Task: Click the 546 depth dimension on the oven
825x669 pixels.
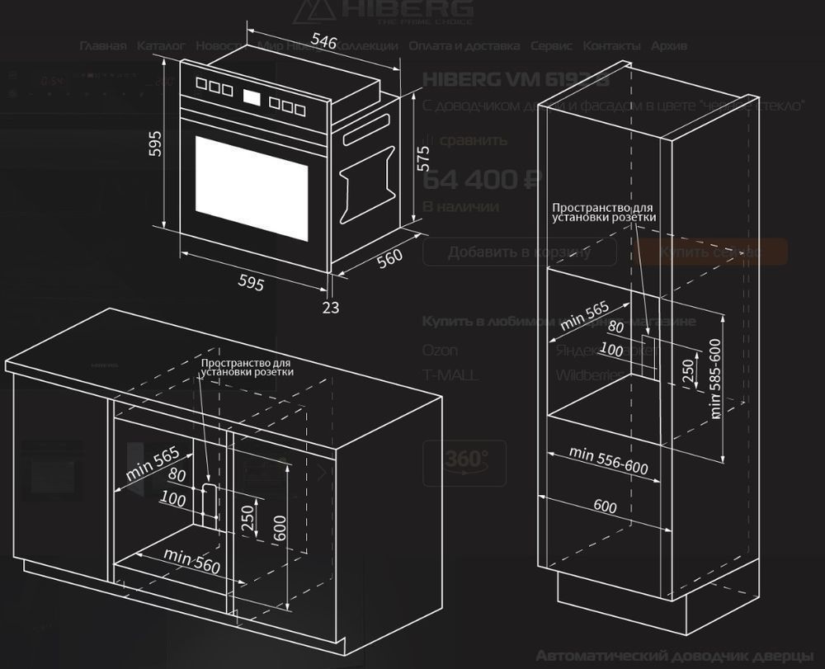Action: [323, 41]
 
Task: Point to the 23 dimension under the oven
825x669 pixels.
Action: [330, 307]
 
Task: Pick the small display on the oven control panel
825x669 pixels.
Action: [253, 100]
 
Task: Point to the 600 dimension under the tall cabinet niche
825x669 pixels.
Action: [605, 506]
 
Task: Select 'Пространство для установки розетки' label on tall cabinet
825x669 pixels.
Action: [604, 213]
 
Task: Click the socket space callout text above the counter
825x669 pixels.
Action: [247, 367]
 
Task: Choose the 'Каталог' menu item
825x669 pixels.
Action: [161, 46]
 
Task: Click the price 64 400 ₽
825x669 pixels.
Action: [481, 179]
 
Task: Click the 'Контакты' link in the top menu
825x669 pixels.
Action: [611, 46]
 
